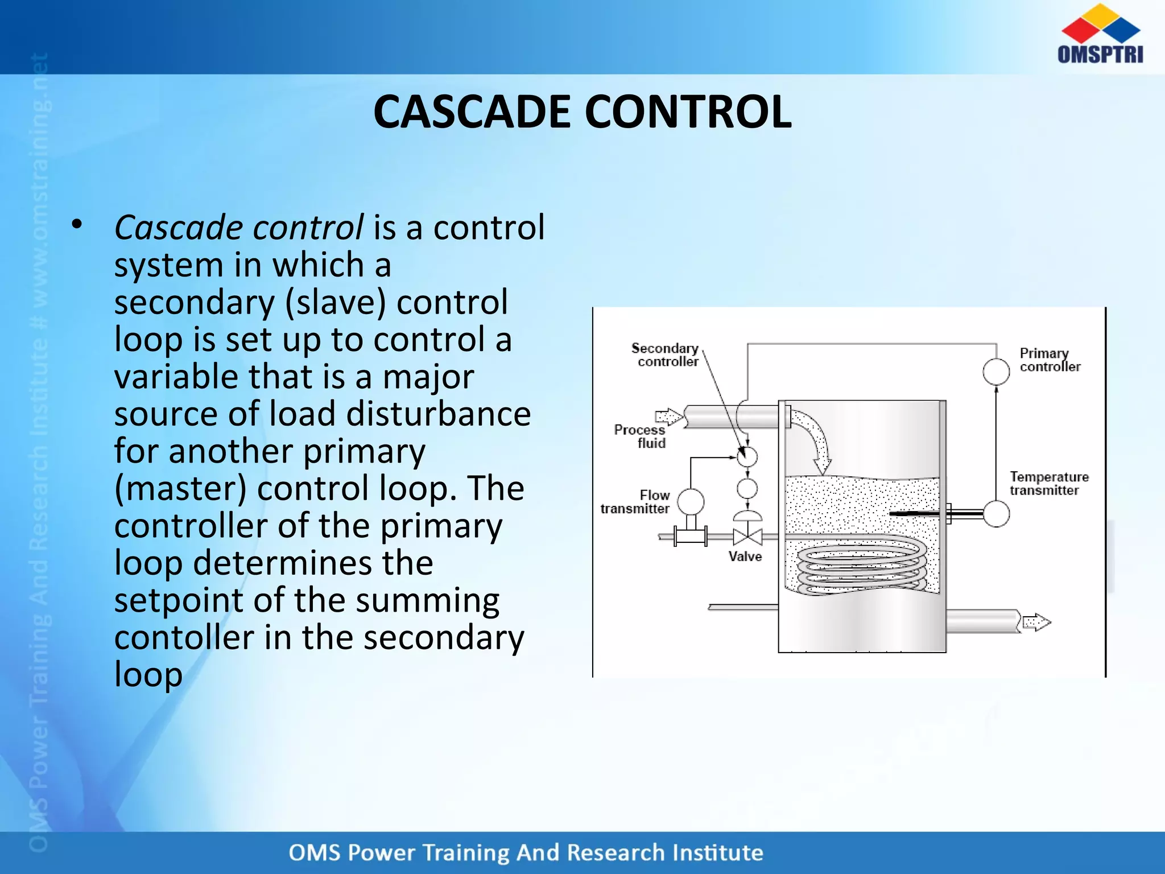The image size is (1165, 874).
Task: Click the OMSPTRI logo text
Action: pos(1100,54)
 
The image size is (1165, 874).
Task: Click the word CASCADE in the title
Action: pos(471,112)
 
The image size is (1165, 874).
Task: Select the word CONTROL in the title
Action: pos(688,112)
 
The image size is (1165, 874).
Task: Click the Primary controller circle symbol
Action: pos(995,372)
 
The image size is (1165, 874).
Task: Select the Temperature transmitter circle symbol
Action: pos(995,513)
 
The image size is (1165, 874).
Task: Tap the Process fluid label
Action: pos(641,436)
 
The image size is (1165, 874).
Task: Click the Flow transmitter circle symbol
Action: pos(691,501)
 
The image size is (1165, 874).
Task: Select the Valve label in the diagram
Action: pos(745,556)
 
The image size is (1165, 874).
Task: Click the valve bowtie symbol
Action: pos(747,537)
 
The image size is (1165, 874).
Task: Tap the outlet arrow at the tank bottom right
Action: pos(1036,622)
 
